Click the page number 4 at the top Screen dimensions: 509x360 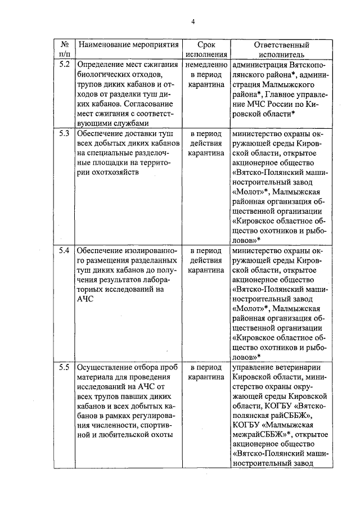(x=192, y=22)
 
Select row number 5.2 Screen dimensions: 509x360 (x=64, y=64)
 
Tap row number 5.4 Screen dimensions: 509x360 (x=64, y=250)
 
